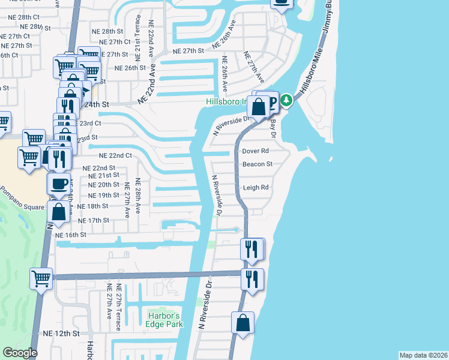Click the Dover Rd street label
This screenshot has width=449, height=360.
click(255, 151)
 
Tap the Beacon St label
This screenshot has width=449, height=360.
click(257, 164)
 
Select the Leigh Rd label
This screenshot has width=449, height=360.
click(255, 187)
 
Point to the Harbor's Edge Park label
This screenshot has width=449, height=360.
click(163, 320)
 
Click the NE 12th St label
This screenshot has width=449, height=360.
click(61, 333)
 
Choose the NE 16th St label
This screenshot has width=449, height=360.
click(75, 235)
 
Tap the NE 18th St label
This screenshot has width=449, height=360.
click(92, 206)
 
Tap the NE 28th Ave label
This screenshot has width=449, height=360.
click(138, 196)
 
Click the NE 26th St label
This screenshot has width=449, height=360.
click(130, 68)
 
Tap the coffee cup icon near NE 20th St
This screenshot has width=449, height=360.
click(58, 183)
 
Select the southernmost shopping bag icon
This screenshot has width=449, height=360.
click(243, 322)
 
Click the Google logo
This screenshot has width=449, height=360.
click(20, 353)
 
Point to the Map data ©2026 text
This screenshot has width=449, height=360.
click(423, 355)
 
